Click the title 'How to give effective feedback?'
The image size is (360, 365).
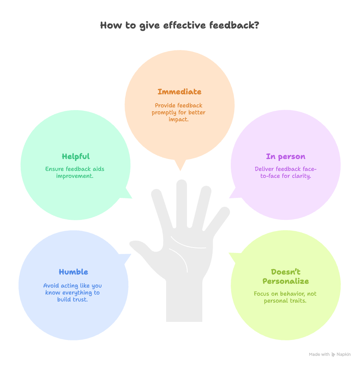(180, 25)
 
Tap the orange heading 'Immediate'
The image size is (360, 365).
(179, 92)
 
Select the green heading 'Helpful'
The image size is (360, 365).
(75, 156)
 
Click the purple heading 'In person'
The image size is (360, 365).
(285, 156)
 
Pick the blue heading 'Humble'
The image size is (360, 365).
(73, 272)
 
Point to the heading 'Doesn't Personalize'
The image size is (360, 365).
(285, 276)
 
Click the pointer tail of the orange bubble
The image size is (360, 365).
(180, 166)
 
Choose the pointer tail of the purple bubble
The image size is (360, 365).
(233, 194)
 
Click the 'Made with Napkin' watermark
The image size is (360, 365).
(330, 354)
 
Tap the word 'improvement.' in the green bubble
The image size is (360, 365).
(75, 176)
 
